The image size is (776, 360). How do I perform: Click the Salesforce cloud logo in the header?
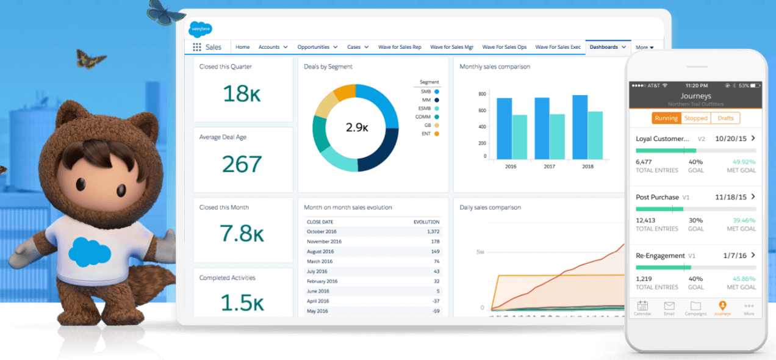point(200,28)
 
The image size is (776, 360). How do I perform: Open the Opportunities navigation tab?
point(314,47)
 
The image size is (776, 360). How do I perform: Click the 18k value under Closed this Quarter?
point(242,93)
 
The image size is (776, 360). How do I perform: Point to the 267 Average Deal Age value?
point(242,164)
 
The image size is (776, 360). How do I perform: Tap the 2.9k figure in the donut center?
point(356,128)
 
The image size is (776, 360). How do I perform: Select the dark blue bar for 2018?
point(580,127)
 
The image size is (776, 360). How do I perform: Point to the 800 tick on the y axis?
point(482,94)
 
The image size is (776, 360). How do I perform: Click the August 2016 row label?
point(321,251)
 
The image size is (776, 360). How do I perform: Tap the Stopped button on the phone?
point(695,118)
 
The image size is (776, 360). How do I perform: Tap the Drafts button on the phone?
point(725,118)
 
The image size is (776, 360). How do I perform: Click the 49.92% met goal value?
point(744,162)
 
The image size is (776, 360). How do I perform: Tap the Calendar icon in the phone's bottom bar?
point(642,307)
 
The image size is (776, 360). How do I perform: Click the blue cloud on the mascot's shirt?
point(90,251)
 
